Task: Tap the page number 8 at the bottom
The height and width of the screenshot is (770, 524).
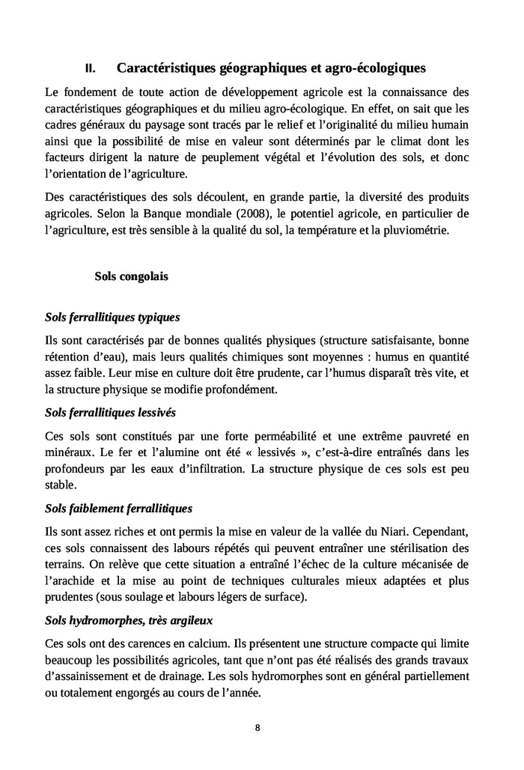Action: coord(258,727)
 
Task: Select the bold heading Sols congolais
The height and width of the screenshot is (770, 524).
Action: coord(131,276)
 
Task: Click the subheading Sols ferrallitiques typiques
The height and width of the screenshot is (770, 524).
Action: coord(112,317)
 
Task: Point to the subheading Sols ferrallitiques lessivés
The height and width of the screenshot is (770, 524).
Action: coord(111,413)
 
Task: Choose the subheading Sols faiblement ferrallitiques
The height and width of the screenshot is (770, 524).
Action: coord(118,509)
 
